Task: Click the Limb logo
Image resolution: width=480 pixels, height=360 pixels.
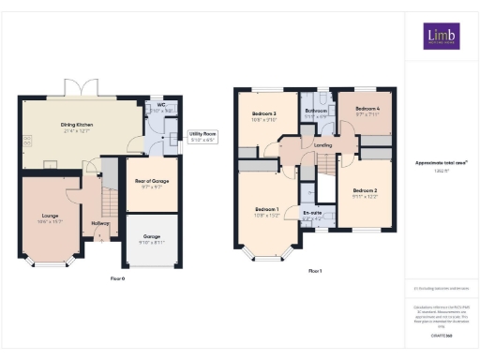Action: coord(439,37)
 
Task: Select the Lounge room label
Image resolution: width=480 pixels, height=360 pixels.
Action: coord(50,216)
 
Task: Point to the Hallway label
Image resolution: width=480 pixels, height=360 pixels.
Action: coord(100,223)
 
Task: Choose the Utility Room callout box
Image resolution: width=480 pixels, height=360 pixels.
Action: coord(203,137)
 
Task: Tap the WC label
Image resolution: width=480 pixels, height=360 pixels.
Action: coord(162,107)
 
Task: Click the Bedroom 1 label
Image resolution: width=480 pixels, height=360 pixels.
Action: coord(267,209)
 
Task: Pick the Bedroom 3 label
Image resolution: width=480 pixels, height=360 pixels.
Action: coord(263,115)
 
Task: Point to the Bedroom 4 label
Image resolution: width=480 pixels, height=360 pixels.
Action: coord(367,110)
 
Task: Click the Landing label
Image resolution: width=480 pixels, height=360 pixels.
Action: coord(322,145)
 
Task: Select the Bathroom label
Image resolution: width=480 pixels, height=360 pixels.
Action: coord(316,112)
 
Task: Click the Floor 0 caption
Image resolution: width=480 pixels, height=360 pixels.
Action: coord(118,277)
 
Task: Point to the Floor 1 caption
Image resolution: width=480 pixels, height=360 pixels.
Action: coord(315,271)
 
